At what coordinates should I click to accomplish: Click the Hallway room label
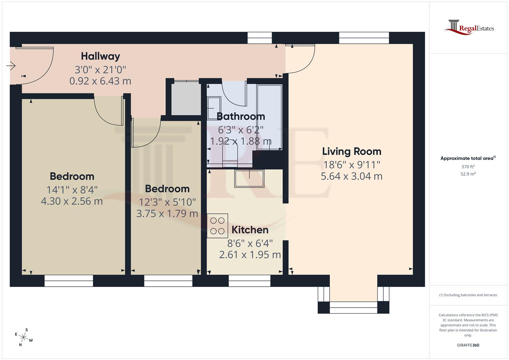100,56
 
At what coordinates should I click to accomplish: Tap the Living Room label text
351,151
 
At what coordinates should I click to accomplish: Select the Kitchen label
250,230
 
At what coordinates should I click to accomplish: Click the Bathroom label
241,116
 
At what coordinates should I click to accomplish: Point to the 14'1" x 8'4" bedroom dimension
72,190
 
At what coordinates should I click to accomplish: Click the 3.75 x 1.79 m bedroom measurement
167,214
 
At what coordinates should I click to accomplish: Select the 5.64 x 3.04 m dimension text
351,176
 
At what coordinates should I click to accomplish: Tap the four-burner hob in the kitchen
217,226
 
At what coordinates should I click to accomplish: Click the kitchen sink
249,179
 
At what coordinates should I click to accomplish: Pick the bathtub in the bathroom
269,117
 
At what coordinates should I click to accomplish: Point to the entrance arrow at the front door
11,66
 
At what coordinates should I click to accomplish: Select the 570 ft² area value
468,167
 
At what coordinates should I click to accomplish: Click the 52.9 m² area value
468,174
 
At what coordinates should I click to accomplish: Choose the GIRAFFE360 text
468,345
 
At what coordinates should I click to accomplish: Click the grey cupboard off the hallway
186,99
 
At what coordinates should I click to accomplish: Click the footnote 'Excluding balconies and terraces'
468,295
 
